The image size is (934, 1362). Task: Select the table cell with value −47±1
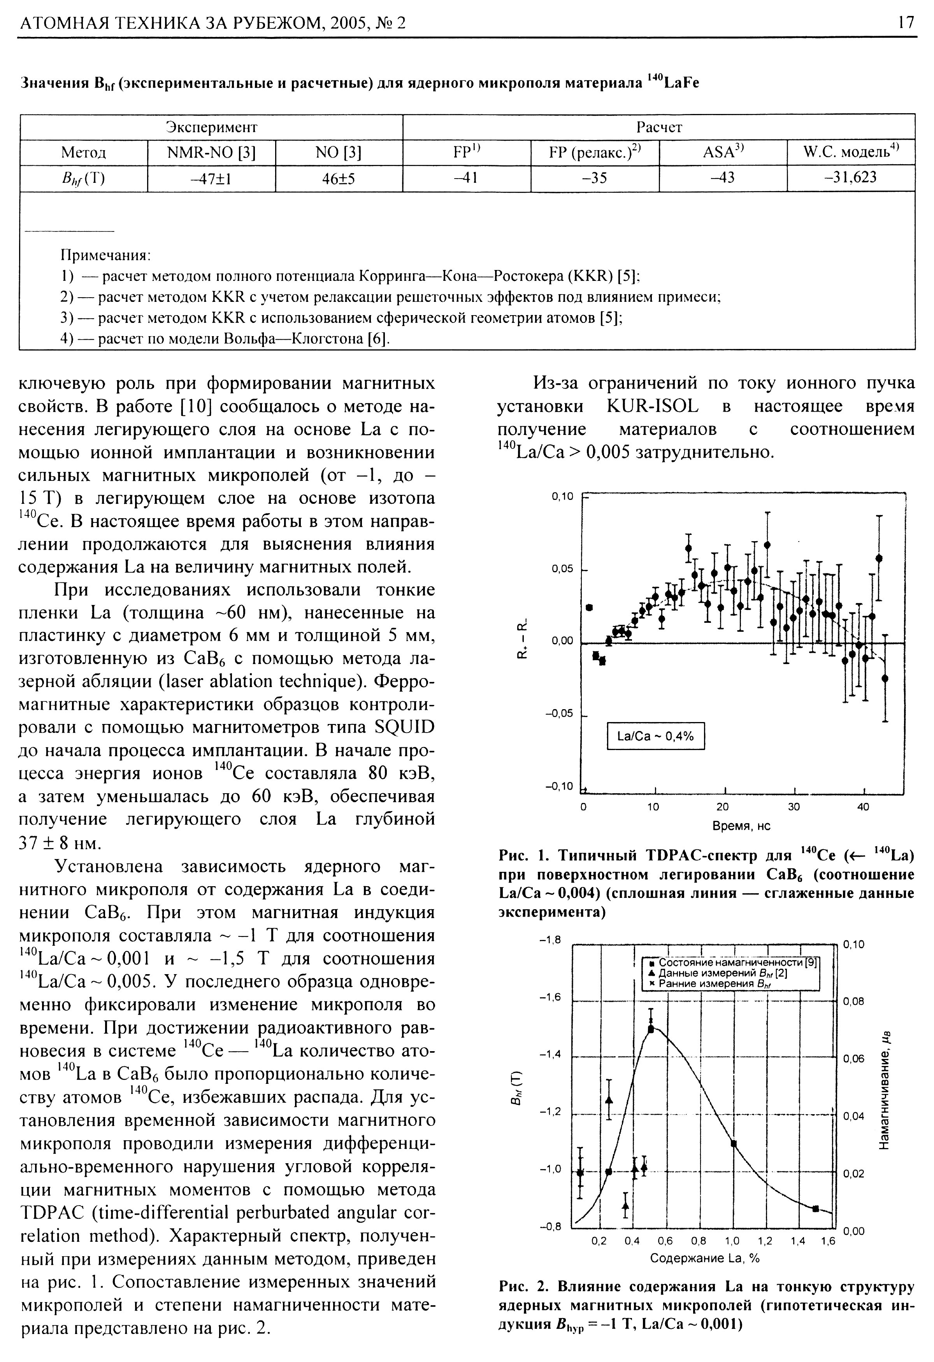(211, 178)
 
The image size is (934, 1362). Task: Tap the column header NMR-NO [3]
(211, 153)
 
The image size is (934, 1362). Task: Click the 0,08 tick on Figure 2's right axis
(854, 1002)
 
